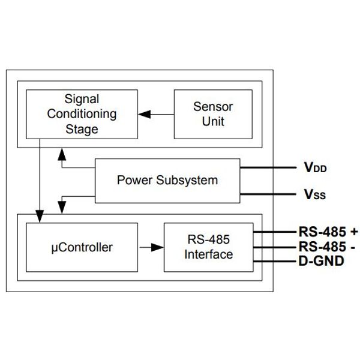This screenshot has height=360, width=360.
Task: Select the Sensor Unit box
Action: click(209, 113)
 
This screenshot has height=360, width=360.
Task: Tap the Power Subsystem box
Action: click(167, 180)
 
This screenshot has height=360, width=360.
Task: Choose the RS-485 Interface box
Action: click(209, 247)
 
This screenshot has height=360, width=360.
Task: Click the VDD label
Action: click(315, 168)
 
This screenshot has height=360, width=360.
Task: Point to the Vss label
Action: click(314, 194)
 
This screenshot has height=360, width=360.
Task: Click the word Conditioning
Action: click(82, 113)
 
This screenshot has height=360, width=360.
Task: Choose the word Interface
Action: click(209, 254)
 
